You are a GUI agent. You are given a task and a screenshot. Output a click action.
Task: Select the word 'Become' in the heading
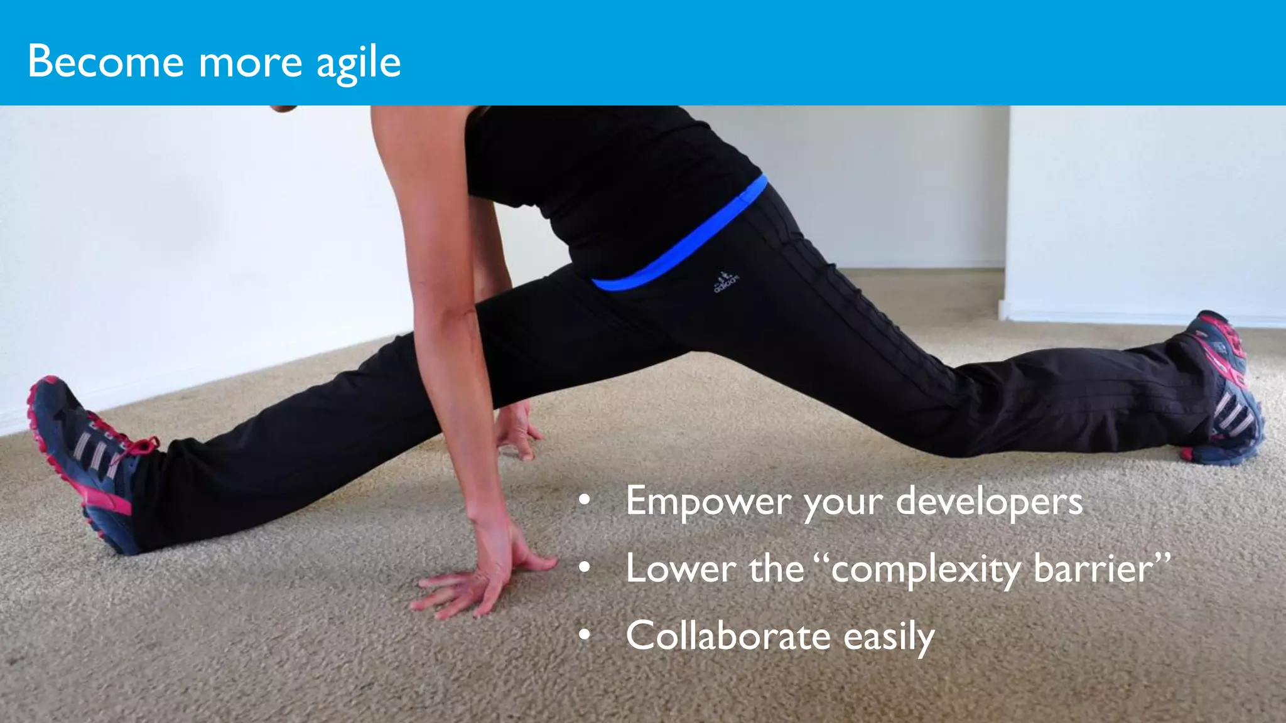point(105,62)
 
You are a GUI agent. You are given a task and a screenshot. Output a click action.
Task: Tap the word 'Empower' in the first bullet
point(708,502)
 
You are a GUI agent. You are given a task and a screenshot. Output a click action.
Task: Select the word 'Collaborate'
point(728,636)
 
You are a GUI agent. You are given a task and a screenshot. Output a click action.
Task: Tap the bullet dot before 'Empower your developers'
point(585,501)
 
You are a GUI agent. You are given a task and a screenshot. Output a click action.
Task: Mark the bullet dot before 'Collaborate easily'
point(585,635)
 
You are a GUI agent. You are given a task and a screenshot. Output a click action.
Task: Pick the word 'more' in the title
point(250,63)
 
